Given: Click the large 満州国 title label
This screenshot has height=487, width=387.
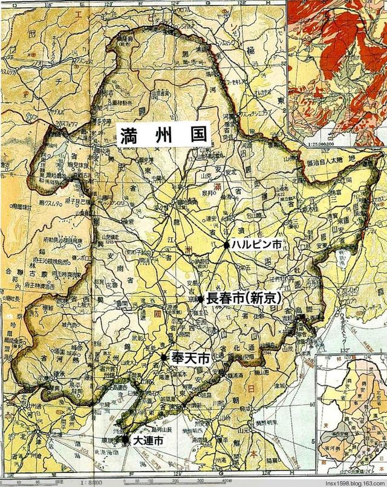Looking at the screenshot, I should coord(163,133).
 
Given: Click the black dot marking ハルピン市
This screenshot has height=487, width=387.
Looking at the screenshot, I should coord(226,245).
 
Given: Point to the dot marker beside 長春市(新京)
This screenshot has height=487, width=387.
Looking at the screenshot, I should coord(201,298).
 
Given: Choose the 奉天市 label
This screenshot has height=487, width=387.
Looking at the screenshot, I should coord(190,358).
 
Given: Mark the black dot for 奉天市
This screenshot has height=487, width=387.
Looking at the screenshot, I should coord(164,358).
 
